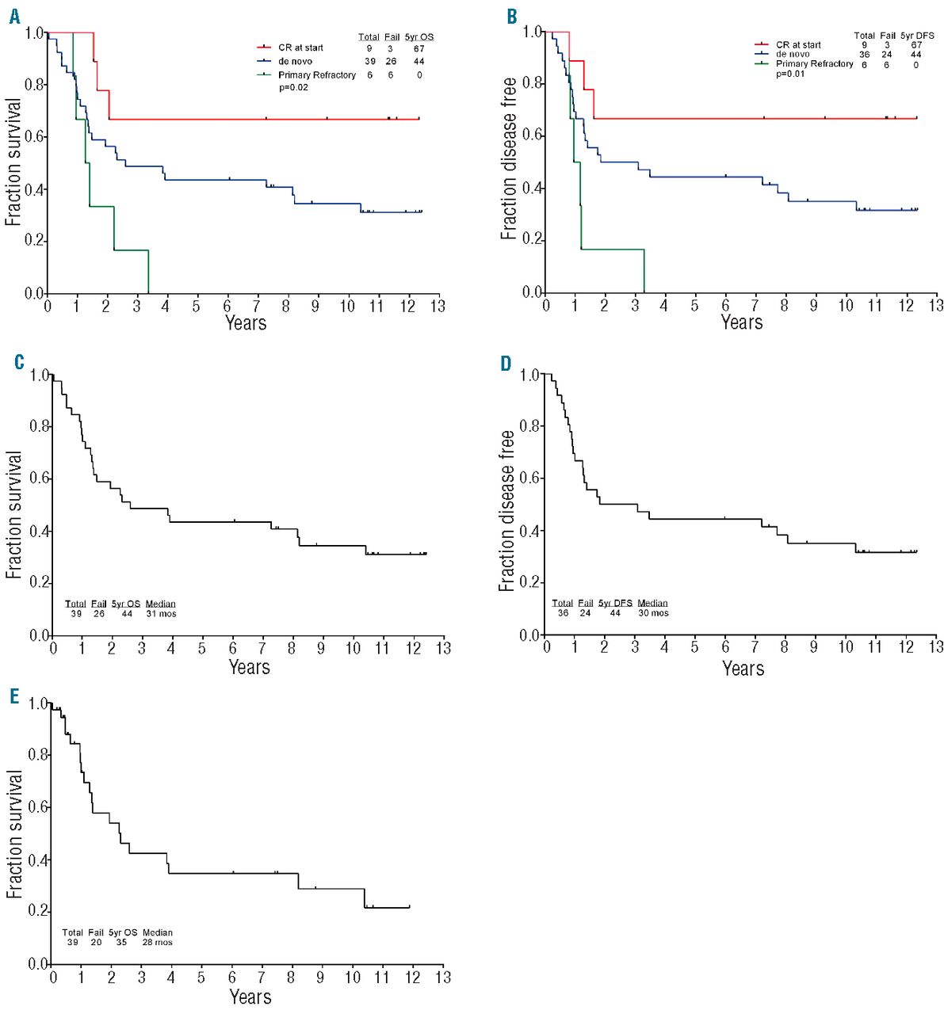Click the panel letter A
[14, 17]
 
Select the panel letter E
[13, 696]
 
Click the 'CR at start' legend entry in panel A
[300, 48]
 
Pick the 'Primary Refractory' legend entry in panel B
[814, 64]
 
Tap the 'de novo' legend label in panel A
[295, 62]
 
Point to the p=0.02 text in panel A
[293, 87]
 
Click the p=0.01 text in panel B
[790, 74]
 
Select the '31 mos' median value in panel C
[161, 614]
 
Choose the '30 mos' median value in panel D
[653, 613]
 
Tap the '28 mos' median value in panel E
[157, 943]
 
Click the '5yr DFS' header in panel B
[917, 35]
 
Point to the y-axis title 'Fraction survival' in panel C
[13, 515]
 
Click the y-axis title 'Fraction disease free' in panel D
[507, 511]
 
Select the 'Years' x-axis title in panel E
[250, 997]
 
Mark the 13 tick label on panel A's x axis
[438, 307]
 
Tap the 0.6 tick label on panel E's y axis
[37, 807]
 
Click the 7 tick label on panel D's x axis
[754, 648]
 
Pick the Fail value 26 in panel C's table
[98, 614]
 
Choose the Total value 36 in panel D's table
[563, 613]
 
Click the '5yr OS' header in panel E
[123, 932]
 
